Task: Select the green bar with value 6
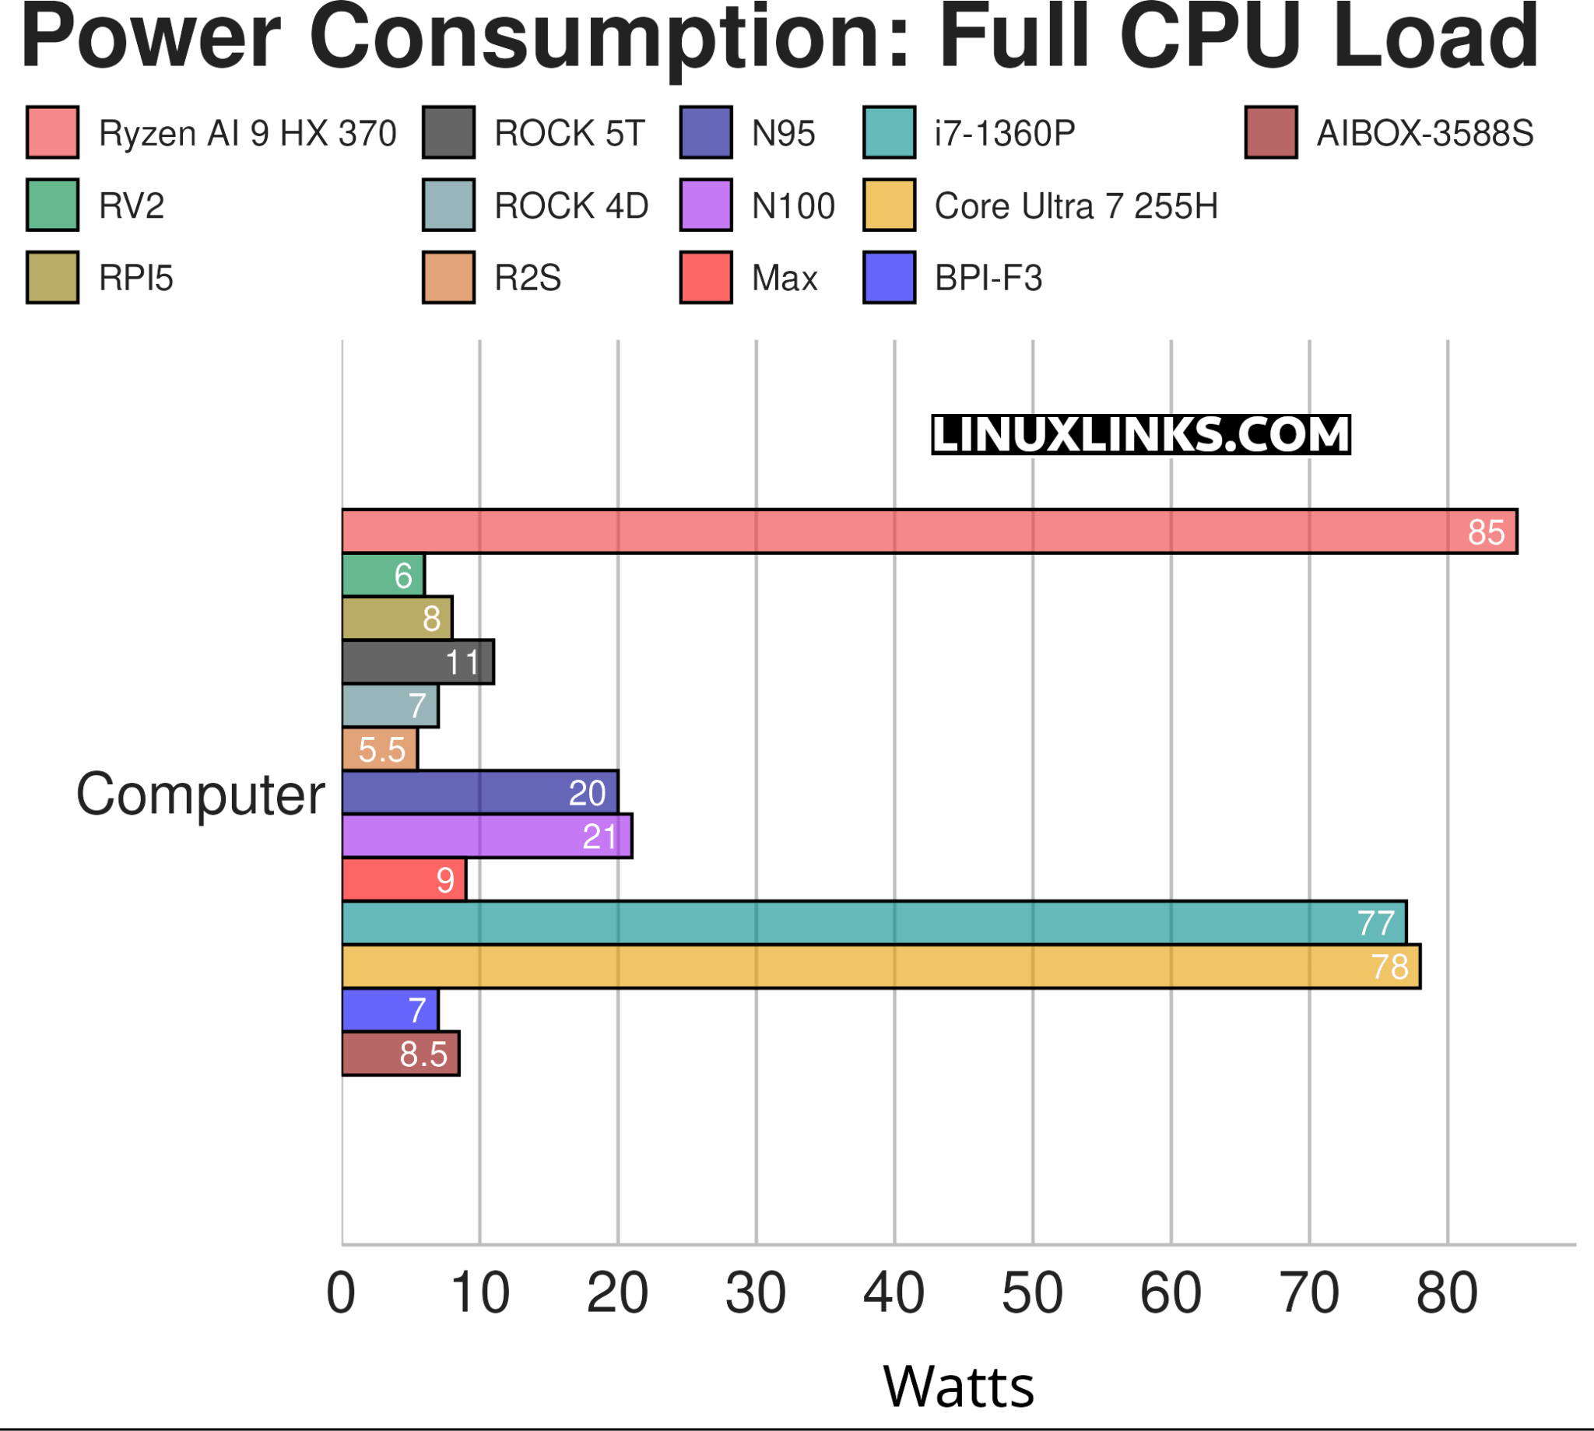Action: pos(383,575)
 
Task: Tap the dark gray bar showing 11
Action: pos(418,662)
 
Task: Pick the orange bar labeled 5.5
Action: pos(380,749)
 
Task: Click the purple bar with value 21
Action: pos(486,836)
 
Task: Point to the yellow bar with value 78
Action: pos(881,966)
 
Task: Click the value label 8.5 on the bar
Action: pos(423,1054)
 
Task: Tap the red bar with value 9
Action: pos(403,880)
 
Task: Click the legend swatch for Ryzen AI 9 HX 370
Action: pos(52,132)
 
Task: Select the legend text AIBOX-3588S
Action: pos(1424,134)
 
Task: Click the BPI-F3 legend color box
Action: pos(889,278)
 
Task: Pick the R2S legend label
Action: pos(527,279)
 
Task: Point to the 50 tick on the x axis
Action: pos(1032,1293)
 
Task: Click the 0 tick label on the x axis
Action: pos(340,1293)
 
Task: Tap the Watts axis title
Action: pos(958,1387)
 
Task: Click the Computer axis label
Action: pos(200,794)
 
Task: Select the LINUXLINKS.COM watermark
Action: pos(1140,435)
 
